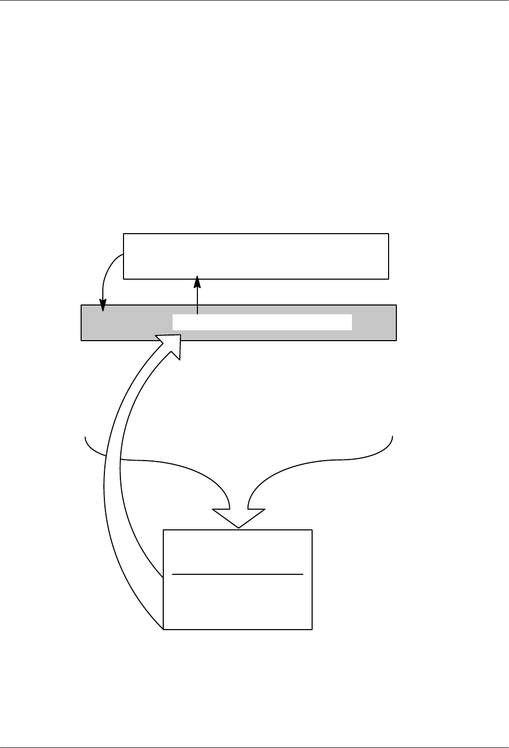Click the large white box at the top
click(256, 256)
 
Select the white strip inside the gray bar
click(262, 322)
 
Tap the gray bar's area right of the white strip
click(374, 323)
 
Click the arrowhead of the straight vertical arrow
click(197, 282)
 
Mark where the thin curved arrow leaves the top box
click(122, 254)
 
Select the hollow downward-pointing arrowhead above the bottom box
click(239, 517)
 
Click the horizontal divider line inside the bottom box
click(237, 574)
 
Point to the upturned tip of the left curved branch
click(85, 438)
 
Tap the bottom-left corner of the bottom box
click(164, 629)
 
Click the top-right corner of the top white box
click(388, 234)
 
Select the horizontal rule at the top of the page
click(254, 1)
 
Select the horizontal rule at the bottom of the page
click(254, 747)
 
